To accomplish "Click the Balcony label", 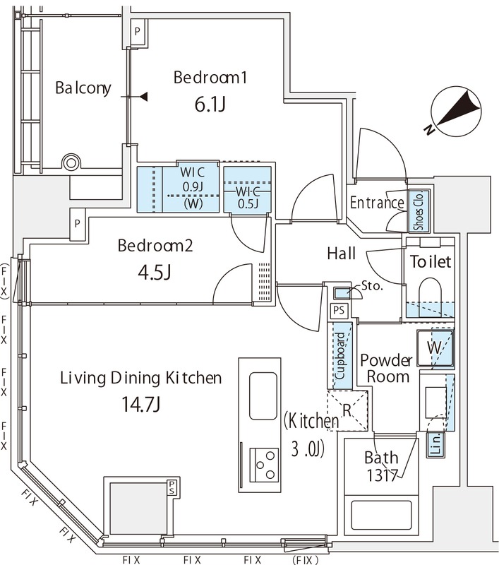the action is [x=83, y=88].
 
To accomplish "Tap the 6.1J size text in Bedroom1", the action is [x=210, y=105].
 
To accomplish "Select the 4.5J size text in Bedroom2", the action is [x=155, y=273].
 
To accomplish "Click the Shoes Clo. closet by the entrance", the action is [x=419, y=210].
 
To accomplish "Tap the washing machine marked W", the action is [x=435, y=348].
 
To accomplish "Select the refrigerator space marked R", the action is [x=347, y=410].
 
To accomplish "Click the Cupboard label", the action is [x=340, y=356].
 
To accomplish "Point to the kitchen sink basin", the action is [x=263, y=396].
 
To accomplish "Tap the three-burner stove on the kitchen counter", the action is [x=264, y=465].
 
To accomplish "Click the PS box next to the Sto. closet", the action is [x=339, y=310].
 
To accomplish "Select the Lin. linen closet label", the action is [x=435, y=445].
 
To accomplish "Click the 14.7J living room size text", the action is [x=140, y=404].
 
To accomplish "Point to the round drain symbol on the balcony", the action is [x=71, y=163].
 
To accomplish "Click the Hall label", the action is [x=342, y=254].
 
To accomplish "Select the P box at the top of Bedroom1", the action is [x=137, y=31].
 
